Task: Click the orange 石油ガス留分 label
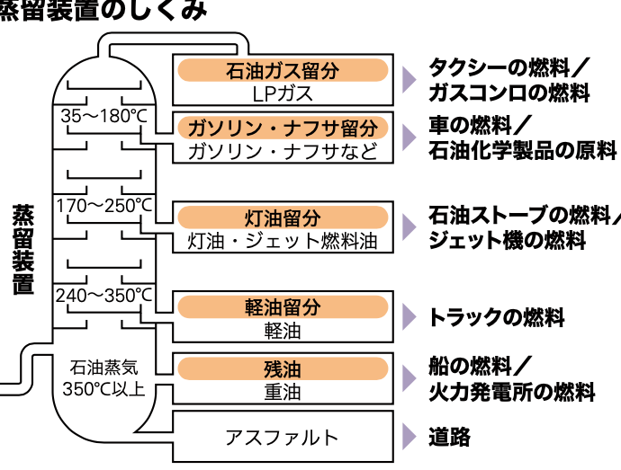(x=283, y=70)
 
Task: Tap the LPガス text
(x=283, y=92)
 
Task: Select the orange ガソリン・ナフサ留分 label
(x=283, y=128)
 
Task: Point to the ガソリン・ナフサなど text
(x=283, y=150)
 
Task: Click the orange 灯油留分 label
(x=283, y=217)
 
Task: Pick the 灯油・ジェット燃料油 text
(x=283, y=241)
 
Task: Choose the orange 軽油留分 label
(x=283, y=307)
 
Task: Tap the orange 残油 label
(x=283, y=368)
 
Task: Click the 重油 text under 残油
(x=283, y=392)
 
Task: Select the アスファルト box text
(x=282, y=438)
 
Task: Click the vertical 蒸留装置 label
(x=22, y=250)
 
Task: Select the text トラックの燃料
(x=496, y=316)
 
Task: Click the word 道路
(x=449, y=438)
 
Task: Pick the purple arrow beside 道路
(x=409, y=438)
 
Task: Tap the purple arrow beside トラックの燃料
(x=409, y=316)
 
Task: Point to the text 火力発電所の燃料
(x=511, y=392)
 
